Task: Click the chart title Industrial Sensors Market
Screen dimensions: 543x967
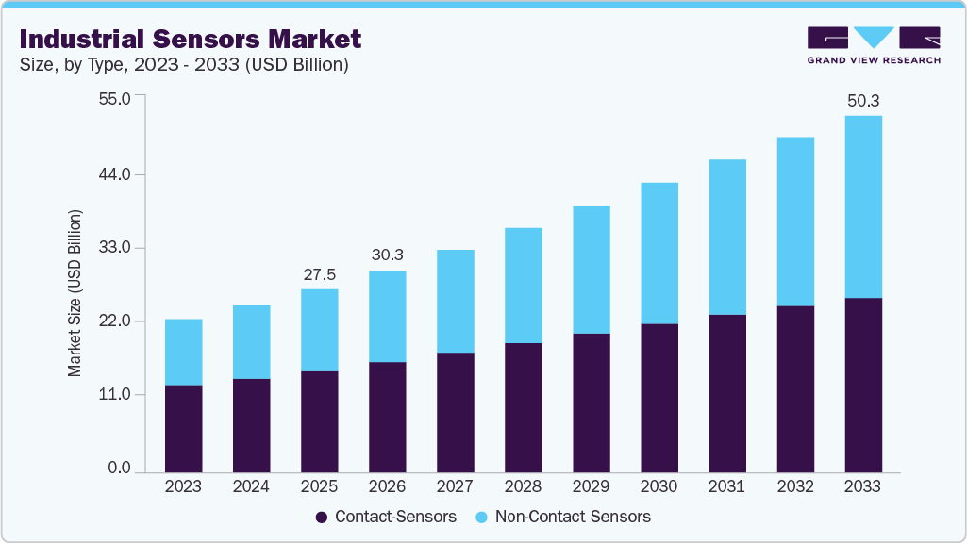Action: (x=190, y=39)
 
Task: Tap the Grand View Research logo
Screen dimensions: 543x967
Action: (x=874, y=44)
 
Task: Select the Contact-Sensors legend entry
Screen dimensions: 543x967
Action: (x=386, y=517)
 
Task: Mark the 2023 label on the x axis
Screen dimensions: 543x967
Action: (x=183, y=486)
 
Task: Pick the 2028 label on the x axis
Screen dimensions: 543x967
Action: (x=523, y=486)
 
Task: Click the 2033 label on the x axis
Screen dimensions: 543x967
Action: (x=862, y=486)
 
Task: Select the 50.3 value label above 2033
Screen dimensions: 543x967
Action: (x=862, y=100)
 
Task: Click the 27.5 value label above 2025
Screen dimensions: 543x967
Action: (x=319, y=274)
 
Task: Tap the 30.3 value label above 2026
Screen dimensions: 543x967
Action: (x=387, y=255)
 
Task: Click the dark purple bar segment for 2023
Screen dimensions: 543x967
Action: (x=183, y=428)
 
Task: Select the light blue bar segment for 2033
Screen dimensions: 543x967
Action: (x=862, y=206)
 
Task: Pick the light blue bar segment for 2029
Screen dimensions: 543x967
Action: (x=591, y=269)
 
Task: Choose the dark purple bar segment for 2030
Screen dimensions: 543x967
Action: (x=659, y=397)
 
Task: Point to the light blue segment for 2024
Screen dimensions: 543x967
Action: (x=251, y=341)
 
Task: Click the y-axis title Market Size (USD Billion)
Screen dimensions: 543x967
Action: (x=75, y=293)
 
